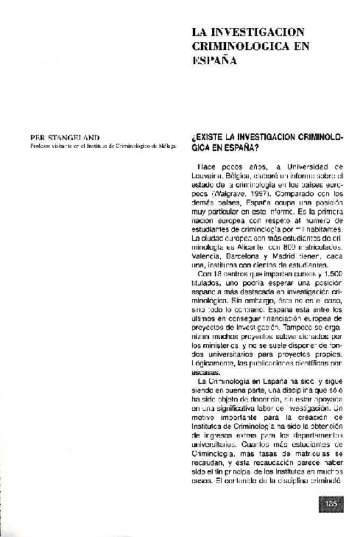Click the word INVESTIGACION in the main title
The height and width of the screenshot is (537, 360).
254,32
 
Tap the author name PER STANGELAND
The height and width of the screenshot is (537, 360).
61,136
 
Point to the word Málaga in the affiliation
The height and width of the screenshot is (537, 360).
168,145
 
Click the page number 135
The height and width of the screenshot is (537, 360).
331,504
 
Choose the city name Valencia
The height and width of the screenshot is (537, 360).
205,255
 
